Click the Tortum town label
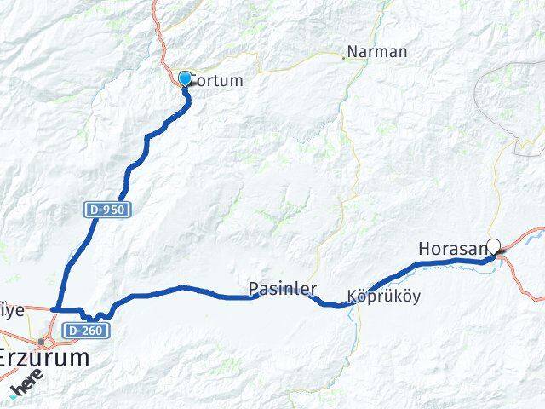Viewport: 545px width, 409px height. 218,81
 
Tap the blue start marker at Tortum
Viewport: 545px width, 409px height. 185,78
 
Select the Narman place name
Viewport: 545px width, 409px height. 378,52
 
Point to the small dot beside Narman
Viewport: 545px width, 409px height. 345,58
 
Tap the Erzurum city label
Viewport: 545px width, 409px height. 43,358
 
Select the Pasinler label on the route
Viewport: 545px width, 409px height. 284,290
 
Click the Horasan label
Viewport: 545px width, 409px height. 452,249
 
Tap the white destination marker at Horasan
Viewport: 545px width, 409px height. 493,245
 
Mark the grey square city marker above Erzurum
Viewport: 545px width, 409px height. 40,341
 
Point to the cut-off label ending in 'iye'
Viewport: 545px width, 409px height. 10,311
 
